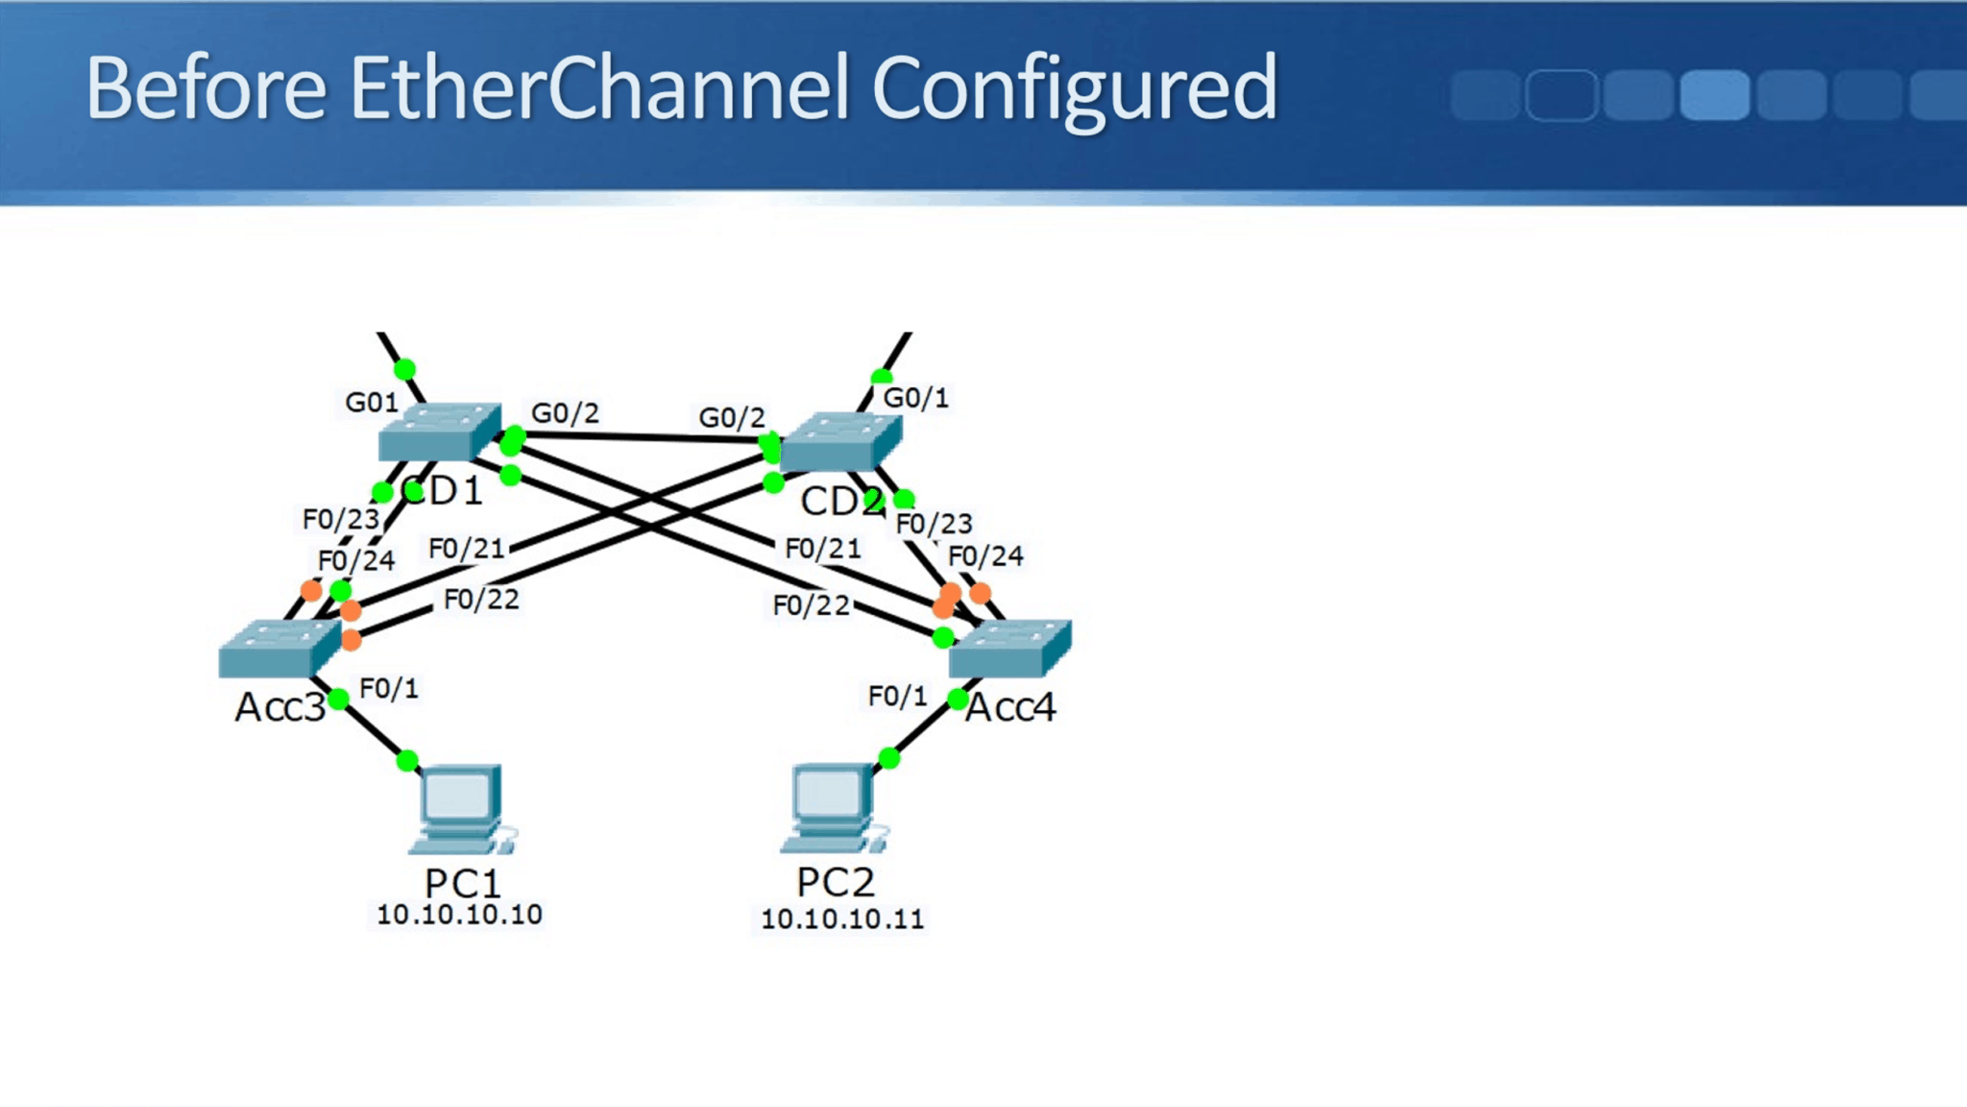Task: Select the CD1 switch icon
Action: click(x=440, y=432)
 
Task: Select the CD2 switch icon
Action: click(x=841, y=442)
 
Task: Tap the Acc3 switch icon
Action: click(x=279, y=649)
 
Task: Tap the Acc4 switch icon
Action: click(x=1009, y=649)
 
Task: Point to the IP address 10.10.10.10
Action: click(x=459, y=915)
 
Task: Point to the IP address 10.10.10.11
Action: click(x=841, y=919)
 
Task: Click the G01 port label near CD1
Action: click(x=372, y=403)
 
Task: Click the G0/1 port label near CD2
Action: click(x=915, y=398)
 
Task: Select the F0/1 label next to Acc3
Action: click(x=389, y=688)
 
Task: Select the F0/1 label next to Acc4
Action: click(x=897, y=696)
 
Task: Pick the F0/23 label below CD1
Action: click(x=341, y=520)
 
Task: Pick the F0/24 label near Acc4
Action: click(x=985, y=556)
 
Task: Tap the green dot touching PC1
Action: click(x=407, y=761)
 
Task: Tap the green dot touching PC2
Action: click(x=889, y=758)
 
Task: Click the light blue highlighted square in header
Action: click(x=1714, y=94)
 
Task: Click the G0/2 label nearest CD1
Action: click(x=565, y=413)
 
